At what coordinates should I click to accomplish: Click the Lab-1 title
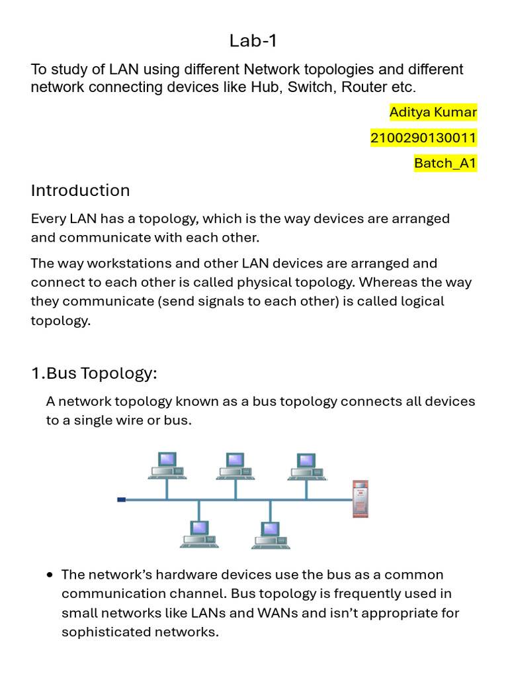click(x=253, y=41)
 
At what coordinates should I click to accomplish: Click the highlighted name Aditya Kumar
click(x=433, y=112)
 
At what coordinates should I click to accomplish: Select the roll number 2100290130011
click(x=423, y=138)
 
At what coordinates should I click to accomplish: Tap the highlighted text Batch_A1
click(x=445, y=163)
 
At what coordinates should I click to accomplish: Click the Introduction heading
click(x=80, y=191)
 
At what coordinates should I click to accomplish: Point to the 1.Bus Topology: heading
click(x=94, y=373)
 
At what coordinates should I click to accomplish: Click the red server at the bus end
click(x=360, y=498)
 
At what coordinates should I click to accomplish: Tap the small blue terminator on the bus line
click(x=121, y=499)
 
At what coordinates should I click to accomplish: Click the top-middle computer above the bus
click(x=235, y=465)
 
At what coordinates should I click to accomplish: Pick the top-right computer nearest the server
click(x=306, y=465)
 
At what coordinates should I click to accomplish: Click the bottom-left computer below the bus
click(x=198, y=534)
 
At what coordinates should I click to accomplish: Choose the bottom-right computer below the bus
click(x=269, y=534)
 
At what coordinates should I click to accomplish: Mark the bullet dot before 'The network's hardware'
click(x=50, y=575)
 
